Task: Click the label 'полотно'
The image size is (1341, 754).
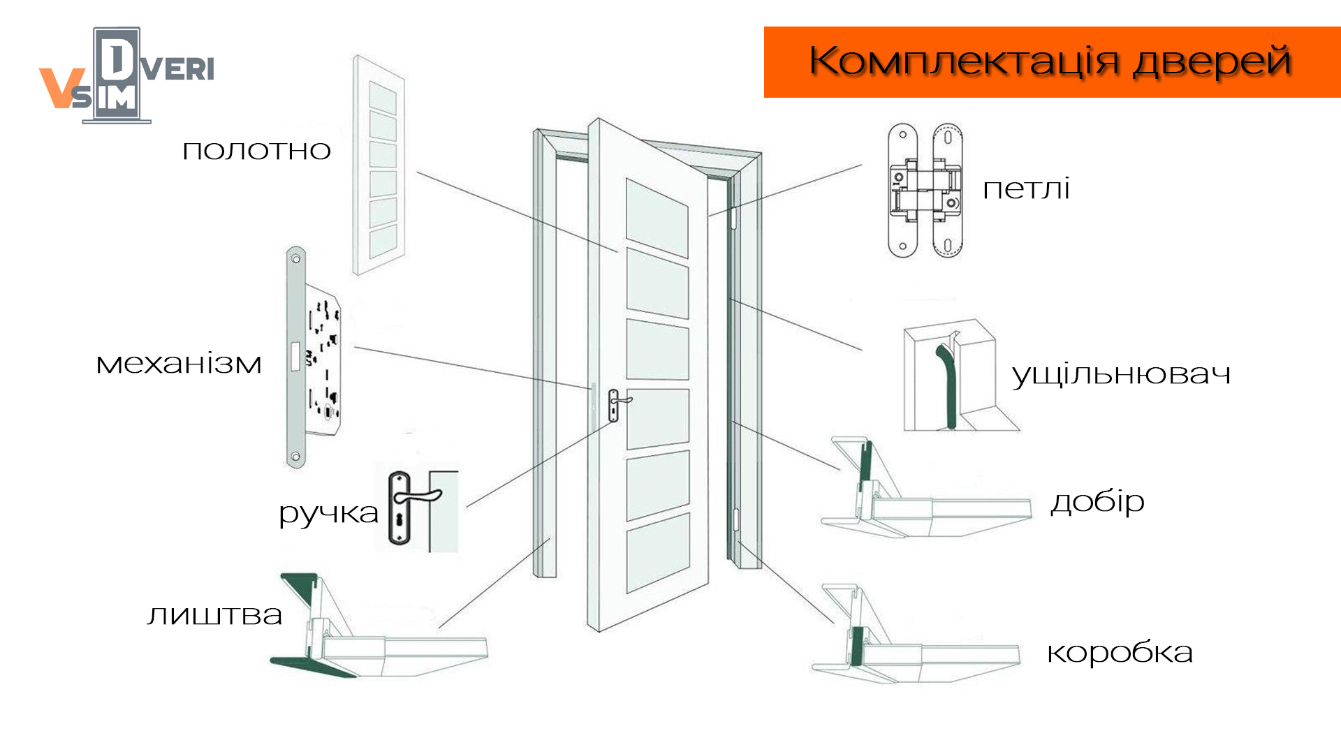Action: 256,151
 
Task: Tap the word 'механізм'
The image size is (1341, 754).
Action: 179,364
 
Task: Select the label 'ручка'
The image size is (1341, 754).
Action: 328,514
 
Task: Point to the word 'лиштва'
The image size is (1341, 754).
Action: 214,615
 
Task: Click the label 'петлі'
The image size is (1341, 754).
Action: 1026,189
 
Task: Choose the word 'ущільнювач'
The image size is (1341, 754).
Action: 1121,375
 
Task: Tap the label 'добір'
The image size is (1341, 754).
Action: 1097,501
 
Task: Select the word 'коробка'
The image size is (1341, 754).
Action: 1120,652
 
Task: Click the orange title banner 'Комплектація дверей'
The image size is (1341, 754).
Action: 1052,61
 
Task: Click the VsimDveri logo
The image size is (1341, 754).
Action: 126,75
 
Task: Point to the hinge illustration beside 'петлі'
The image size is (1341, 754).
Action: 925,191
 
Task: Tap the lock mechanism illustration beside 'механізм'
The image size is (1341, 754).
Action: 313,357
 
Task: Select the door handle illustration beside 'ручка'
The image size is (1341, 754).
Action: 416,508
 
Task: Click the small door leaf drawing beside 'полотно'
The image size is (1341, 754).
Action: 379,165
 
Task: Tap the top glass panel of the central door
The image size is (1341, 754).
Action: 657,218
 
